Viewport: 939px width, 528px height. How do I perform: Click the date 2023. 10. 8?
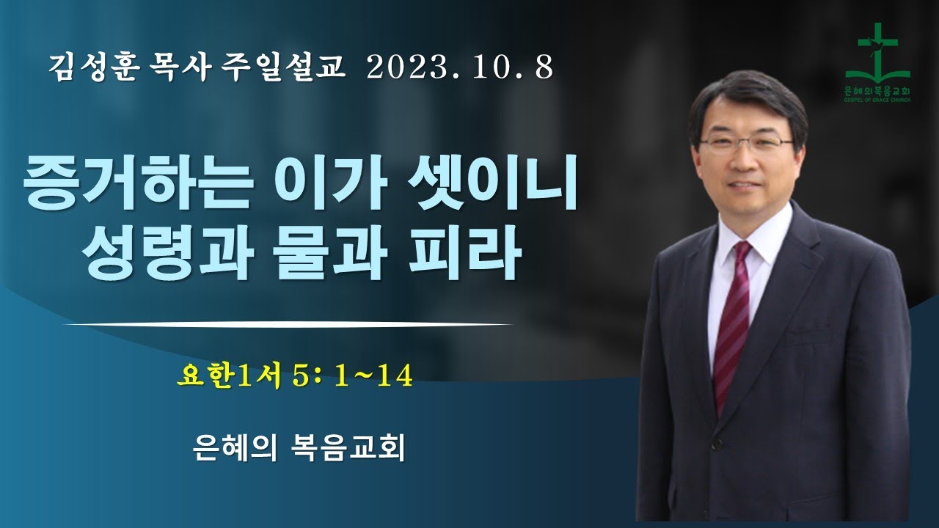coord(459,68)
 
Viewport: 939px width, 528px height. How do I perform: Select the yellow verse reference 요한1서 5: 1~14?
coord(294,375)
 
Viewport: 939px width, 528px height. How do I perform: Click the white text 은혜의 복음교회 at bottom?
coord(297,447)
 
